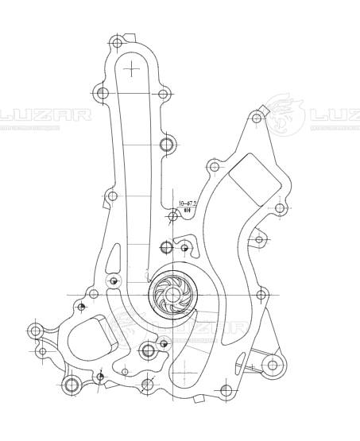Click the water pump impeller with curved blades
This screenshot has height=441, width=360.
point(170,294)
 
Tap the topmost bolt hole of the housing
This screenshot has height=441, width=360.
point(118,41)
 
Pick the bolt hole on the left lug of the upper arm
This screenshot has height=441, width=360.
point(102,94)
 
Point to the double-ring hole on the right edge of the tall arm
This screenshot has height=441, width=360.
point(165,145)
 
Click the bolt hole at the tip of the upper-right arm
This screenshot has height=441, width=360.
point(256,118)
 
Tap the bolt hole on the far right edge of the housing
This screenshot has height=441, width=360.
point(280,208)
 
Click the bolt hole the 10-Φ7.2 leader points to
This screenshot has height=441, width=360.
point(173,216)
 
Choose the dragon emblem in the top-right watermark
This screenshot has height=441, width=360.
point(284,114)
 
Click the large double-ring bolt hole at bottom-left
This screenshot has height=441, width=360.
point(72,386)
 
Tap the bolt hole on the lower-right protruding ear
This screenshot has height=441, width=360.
point(273,366)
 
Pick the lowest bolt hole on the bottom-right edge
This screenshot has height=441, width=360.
point(226,390)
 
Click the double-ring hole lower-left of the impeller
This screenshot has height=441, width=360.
point(147,350)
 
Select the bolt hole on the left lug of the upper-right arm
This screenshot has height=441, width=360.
point(213,167)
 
